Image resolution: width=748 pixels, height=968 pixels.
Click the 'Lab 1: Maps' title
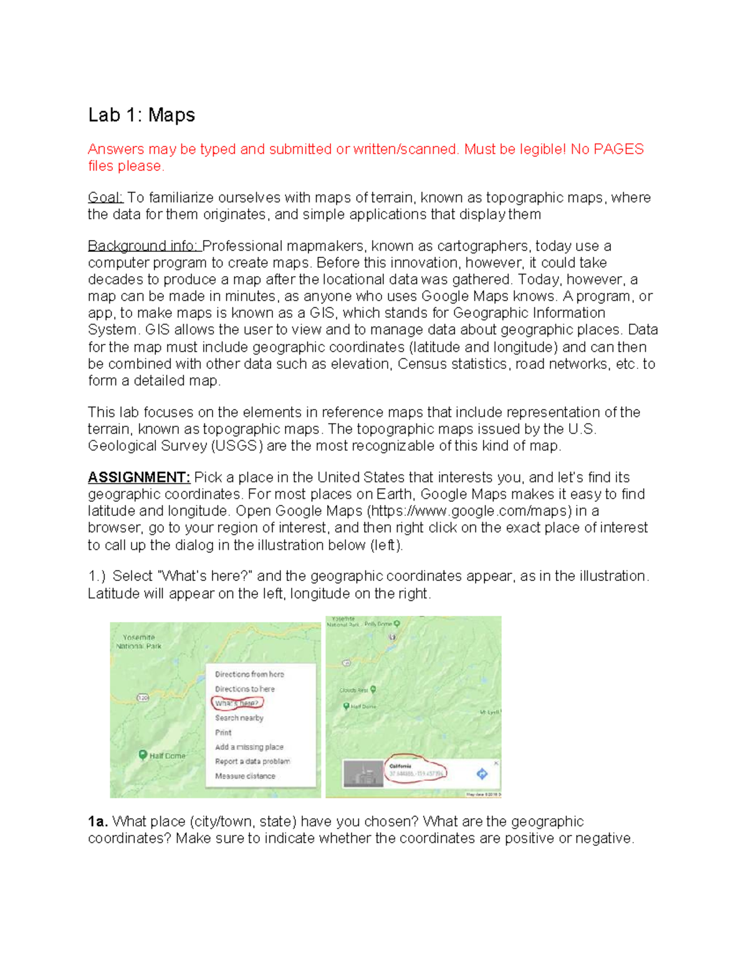click(x=141, y=115)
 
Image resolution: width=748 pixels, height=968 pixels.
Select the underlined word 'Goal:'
click(x=105, y=198)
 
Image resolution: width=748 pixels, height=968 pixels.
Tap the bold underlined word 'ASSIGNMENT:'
click(x=139, y=477)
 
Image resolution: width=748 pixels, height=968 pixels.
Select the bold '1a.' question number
click(x=98, y=822)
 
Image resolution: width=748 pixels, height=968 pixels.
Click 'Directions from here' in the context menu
click(x=249, y=674)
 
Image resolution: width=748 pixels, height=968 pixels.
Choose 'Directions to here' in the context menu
click(x=244, y=689)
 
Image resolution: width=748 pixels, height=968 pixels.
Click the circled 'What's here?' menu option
click(x=237, y=703)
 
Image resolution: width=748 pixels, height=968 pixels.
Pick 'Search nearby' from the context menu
click(x=239, y=718)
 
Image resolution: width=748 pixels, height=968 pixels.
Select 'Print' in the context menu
click(x=223, y=732)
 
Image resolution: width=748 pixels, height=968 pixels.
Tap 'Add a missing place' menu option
click(x=249, y=747)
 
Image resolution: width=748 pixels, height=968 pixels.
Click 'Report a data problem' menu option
click(x=252, y=761)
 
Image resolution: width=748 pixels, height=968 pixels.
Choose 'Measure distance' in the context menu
click(x=245, y=776)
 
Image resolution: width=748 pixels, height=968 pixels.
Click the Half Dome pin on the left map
click(x=143, y=755)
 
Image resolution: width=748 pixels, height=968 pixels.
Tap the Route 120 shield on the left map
click(x=143, y=697)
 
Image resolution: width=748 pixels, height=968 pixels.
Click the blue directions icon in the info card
click(x=482, y=774)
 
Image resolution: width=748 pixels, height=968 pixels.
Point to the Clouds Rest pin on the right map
click(x=373, y=689)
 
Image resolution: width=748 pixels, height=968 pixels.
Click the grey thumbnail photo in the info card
click(x=363, y=774)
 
